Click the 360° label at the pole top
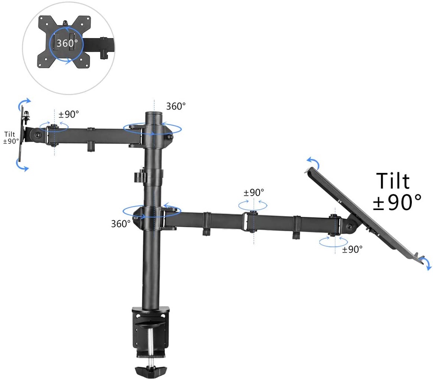(x=175, y=106)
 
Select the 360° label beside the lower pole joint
(x=121, y=224)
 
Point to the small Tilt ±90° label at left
(x=11, y=137)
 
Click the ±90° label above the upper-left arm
(x=69, y=114)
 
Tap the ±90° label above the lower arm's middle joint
(x=254, y=192)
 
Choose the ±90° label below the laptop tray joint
(x=352, y=249)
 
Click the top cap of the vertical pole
(x=153, y=114)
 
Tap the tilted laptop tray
(x=364, y=211)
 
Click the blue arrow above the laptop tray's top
(x=312, y=162)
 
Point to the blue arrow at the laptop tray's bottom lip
(x=428, y=264)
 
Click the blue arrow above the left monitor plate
(x=25, y=103)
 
